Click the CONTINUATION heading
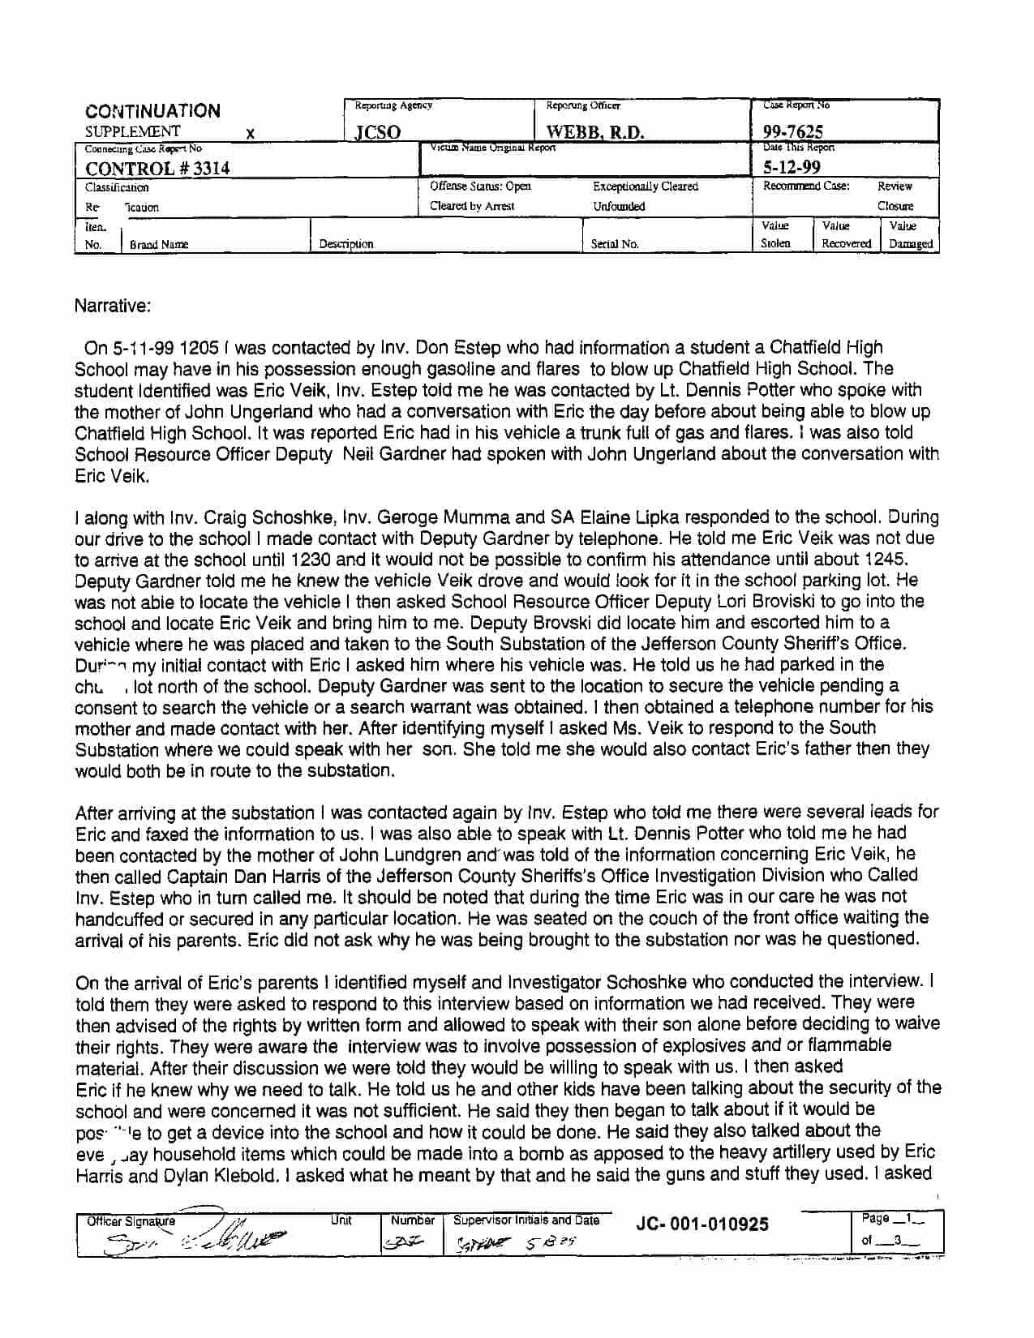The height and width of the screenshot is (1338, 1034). click(x=152, y=111)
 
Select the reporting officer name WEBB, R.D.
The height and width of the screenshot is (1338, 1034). click(x=595, y=132)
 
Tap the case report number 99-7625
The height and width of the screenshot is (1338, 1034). click(x=793, y=132)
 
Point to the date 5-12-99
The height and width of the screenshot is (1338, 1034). click(x=792, y=167)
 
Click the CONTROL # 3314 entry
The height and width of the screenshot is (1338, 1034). click(x=157, y=168)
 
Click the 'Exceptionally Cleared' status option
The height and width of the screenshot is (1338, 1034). click(x=645, y=187)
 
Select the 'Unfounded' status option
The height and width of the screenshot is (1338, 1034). click(x=619, y=206)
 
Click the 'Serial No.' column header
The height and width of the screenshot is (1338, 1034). click(x=614, y=243)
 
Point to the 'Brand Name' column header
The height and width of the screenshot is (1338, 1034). click(x=159, y=243)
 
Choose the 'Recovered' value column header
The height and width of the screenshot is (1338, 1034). click(x=846, y=243)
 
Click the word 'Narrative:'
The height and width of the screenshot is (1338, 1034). click(x=113, y=306)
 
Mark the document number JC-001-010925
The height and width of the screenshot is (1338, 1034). click(x=702, y=1224)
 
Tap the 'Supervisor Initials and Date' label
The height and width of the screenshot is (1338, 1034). click(x=526, y=1220)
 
